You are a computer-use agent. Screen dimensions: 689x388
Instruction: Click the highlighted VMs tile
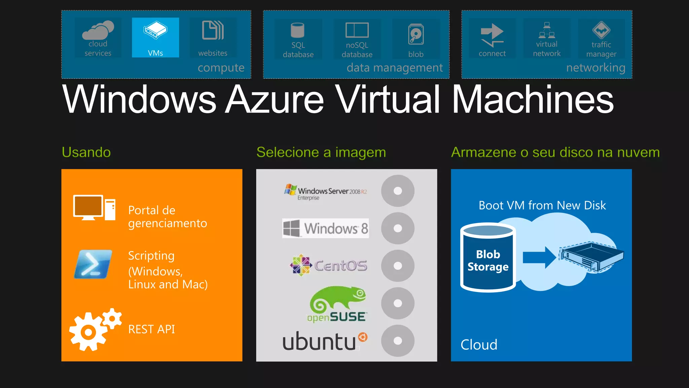click(x=155, y=37)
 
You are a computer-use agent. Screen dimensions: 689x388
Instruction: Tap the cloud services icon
click(x=98, y=30)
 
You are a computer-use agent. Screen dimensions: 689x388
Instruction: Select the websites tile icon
click(x=213, y=30)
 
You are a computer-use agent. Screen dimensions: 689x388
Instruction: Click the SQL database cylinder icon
click(x=298, y=30)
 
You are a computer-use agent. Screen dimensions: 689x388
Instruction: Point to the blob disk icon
click(x=416, y=34)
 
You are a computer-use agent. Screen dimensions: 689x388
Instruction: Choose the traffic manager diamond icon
click(x=601, y=30)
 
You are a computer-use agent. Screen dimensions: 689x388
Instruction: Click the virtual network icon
click(x=547, y=30)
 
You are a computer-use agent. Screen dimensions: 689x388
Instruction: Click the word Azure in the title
click(x=274, y=99)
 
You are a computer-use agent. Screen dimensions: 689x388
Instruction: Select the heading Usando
click(x=86, y=152)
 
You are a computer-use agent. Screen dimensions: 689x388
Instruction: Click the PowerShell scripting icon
click(x=93, y=264)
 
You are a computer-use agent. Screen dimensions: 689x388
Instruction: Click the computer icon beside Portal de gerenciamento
click(x=94, y=207)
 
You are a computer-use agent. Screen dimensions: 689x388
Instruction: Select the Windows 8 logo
click(x=325, y=228)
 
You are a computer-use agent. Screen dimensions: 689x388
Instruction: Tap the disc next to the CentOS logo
click(x=398, y=266)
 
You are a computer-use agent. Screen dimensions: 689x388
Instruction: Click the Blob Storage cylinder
click(x=488, y=258)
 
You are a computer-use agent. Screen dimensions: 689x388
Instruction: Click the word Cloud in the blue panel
click(x=479, y=345)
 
